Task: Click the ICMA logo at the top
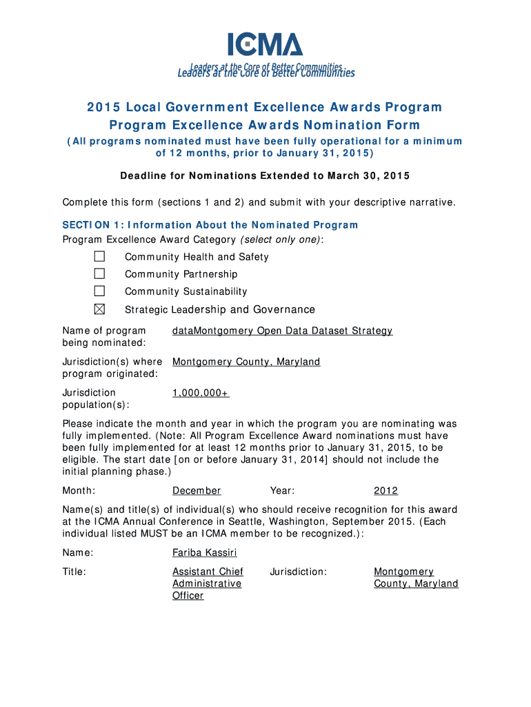(x=265, y=45)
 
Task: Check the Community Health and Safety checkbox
(x=99, y=256)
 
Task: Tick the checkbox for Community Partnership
(x=99, y=273)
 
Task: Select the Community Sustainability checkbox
(x=99, y=291)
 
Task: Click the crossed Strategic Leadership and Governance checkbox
(x=99, y=309)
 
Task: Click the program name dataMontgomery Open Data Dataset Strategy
(x=282, y=331)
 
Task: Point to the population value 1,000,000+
(x=200, y=393)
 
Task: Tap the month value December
(x=197, y=491)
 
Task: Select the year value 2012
(x=385, y=491)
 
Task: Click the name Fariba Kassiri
(x=205, y=553)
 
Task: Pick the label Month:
(x=79, y=491)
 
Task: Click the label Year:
(x=283, y=491)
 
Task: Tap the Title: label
(x=74, y=572)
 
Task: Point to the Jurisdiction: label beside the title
(x=299, y=572)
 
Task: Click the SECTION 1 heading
(x=210, y=224)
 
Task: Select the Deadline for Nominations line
(x=265, y=176)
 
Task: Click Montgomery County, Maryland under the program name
(x=246, y=362)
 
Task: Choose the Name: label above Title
(x=77, y=553)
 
